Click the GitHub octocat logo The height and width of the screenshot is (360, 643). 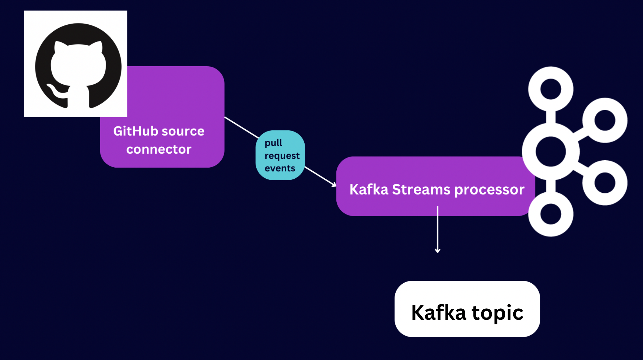pyautogui.click(x=78, y=66)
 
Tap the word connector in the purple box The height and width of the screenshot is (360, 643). pyautogui.click(x=159, y=149)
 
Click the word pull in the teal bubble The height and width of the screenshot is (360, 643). pyautogui.click(x=273, y=143)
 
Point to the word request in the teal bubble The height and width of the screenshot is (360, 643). pyautogui.click(x=282, y=156)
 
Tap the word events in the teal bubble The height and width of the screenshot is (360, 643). pyautogui.click(x=280, y=168)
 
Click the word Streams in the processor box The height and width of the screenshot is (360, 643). pyautogui.click(x=421, y=190)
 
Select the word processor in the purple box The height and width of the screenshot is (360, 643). pyautogui.click(x=489, y=190)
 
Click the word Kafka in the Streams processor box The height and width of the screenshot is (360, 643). pyautogui.click(x=369, y=190)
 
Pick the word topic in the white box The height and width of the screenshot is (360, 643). pyautogui.click(x=497, y=313)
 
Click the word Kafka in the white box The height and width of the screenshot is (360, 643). pyautogui.click(x=438, y=312)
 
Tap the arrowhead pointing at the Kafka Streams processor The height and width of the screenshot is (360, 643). pyautogui.click(x=334, y=184)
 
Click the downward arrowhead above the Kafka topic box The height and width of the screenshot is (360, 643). pyautogui.click(x=438, y=251)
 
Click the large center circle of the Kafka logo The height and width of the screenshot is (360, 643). pyautogui.click(x=551, y=152)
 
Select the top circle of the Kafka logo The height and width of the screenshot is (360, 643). pyautogui.click(x=551, y=89)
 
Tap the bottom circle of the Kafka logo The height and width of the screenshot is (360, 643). pyautogui.click(x=551, y=214)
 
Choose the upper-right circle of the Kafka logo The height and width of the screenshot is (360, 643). pyautogui.click(x=605, y=120)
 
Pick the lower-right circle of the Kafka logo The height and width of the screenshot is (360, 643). pyautogui.click(x=605, y=183)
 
